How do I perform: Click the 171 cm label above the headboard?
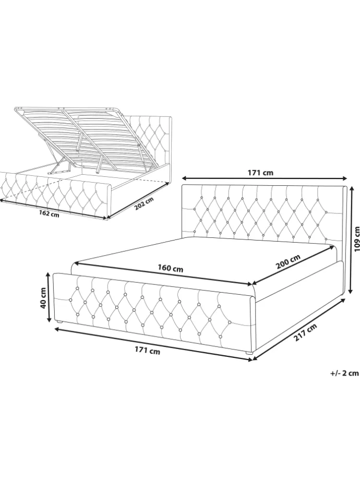(x=260, y=173)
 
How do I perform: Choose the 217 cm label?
(x=305, y=333)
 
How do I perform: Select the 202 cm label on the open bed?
(x=143, y=204)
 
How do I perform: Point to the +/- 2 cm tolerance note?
(x=344, y=373)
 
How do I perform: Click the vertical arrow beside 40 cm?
(x=48, y=297)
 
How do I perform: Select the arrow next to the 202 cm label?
(x=138, y=200)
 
